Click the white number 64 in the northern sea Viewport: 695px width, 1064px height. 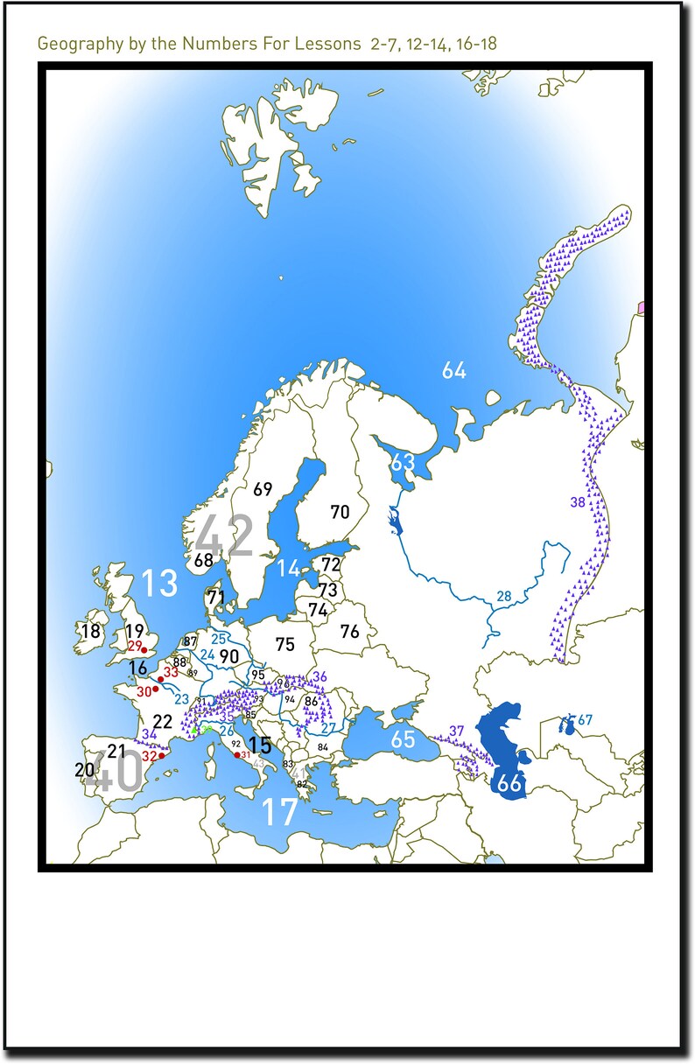pos(453,370)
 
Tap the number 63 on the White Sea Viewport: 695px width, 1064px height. pos(403,461)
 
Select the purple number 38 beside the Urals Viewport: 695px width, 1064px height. pos(577,502)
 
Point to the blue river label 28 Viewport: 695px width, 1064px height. pos(503,597)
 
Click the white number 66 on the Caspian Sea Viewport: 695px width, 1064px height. pos(509,784)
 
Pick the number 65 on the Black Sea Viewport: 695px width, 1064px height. pos(403,739)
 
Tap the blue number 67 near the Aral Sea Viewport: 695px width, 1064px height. pos(585,720)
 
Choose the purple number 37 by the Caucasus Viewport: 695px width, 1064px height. pos(456,731)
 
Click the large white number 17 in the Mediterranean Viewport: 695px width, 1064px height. pos(280,812)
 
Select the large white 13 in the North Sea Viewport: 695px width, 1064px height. pos(159,583)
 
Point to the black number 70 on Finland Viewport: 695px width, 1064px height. pos(340,512)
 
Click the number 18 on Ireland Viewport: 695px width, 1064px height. pos(90,631)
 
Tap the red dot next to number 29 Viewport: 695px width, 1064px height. pos(144,649)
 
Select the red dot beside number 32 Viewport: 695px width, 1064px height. pos(161,756)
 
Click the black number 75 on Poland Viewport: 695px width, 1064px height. pos(284,644)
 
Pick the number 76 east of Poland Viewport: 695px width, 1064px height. pos(349,631)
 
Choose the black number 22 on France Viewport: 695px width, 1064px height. pos(162,722)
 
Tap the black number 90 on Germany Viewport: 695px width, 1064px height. pos(229,655)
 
